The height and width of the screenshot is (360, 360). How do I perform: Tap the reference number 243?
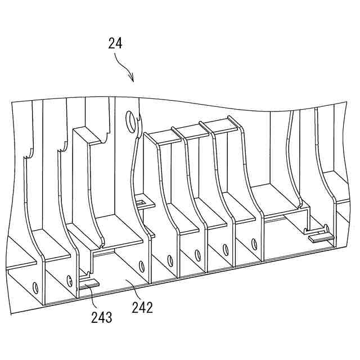click(102, 317)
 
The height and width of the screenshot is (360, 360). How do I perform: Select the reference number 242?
click(143, 307)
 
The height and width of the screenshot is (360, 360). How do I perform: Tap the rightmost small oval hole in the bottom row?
click(254, 244)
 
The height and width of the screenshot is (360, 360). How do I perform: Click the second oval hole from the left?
click(69, 280)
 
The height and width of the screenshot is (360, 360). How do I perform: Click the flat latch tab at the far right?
click(319, 236)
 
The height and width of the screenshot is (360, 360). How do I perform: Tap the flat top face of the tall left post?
click(86, 134)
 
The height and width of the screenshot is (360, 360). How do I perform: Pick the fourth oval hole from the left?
click(170, 260)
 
